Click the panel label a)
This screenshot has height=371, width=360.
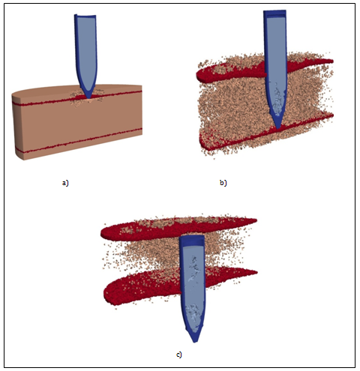click(x=65, y=183)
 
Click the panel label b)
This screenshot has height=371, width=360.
click(x=223, y=183)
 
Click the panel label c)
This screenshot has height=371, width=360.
click(x=179, y=355)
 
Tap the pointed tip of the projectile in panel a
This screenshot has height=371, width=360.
click(x=88, y=98)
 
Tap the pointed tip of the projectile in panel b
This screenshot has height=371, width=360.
click(x=278, y=128)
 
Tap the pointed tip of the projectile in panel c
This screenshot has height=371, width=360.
click(x=196, y=342)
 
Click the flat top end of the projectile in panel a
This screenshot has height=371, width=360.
click(x=85, y=16)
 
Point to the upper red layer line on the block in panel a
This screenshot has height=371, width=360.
click(x=77, y=99)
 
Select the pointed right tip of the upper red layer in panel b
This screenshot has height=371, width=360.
click(x=333, y=61)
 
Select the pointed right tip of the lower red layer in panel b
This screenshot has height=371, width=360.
click(x=333, y=115)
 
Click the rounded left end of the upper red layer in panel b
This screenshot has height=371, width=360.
click(x=197, y=76)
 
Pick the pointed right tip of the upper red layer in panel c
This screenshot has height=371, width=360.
click(x=256, y=220)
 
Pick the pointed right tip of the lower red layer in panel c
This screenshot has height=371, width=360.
click(x=256, y=272)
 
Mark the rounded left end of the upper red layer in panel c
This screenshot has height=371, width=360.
click(x=102, y=233)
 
